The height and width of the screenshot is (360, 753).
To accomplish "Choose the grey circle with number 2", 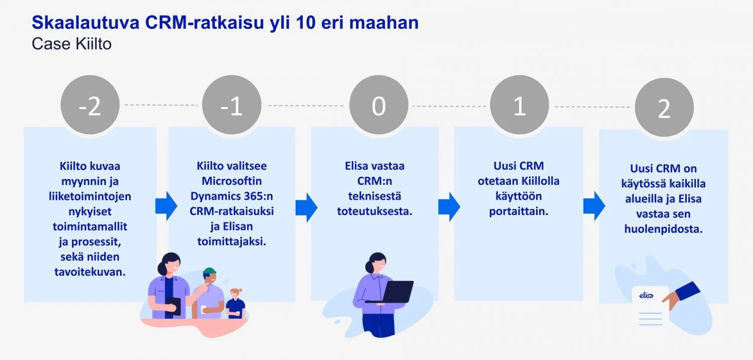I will click(664, 107).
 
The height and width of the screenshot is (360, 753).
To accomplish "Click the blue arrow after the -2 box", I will click(166, 205).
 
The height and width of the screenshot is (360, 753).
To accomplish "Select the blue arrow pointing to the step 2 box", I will click(594, 205).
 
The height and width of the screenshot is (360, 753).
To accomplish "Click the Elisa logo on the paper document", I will click(646, 295).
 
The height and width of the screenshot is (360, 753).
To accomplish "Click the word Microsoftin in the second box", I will click(231, 181).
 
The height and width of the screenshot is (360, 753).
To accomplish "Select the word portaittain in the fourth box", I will click(519, 211).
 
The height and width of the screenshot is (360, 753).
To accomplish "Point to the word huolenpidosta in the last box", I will click(663, 229).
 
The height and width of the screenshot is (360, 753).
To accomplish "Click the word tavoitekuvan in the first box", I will click(90, 272).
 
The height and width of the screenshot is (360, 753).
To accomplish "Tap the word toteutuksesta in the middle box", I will click(374, 211).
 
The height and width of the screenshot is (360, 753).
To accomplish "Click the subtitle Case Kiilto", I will click(71, 44).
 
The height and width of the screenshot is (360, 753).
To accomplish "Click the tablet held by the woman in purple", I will click(174, 306).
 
